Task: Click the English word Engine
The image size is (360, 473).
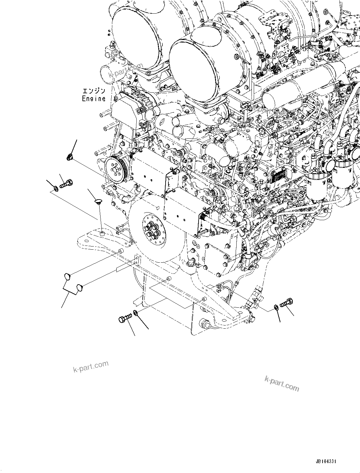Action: (x=94, y=99)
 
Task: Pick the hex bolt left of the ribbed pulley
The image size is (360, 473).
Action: (x=66, y=183)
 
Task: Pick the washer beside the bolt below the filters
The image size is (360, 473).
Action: (x=276, y=307)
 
